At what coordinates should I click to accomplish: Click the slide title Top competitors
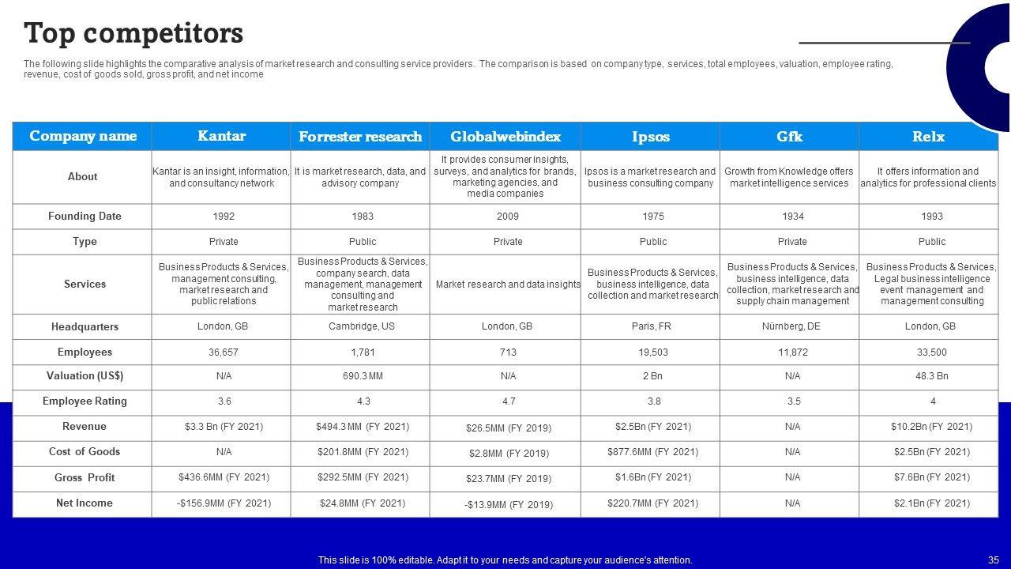point(133,33)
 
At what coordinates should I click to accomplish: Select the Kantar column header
point(221,136)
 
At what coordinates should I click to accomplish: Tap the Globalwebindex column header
point(505,137)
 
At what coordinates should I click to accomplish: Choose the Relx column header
point(928,137)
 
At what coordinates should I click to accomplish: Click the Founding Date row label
point(85,217)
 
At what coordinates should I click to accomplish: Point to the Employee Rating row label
point(85,401)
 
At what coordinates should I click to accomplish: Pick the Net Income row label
point(85,503)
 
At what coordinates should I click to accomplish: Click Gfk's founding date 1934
point(792,217)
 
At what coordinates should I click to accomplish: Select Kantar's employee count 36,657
point(224,352)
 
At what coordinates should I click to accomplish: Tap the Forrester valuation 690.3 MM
point(363,376)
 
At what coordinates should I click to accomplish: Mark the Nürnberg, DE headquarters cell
point(791,326)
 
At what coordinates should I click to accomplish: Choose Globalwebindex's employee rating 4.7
point(508,401)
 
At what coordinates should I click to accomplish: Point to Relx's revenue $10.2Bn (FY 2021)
point(931,427)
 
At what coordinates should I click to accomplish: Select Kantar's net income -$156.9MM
point(224,503)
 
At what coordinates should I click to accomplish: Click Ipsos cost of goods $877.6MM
point(652,452)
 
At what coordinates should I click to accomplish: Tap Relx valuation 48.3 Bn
point(932,376)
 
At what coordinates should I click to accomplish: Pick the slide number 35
point(993,560)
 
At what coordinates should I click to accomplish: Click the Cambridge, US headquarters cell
point(363,326)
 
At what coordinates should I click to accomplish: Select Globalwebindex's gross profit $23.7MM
point(508,478)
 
